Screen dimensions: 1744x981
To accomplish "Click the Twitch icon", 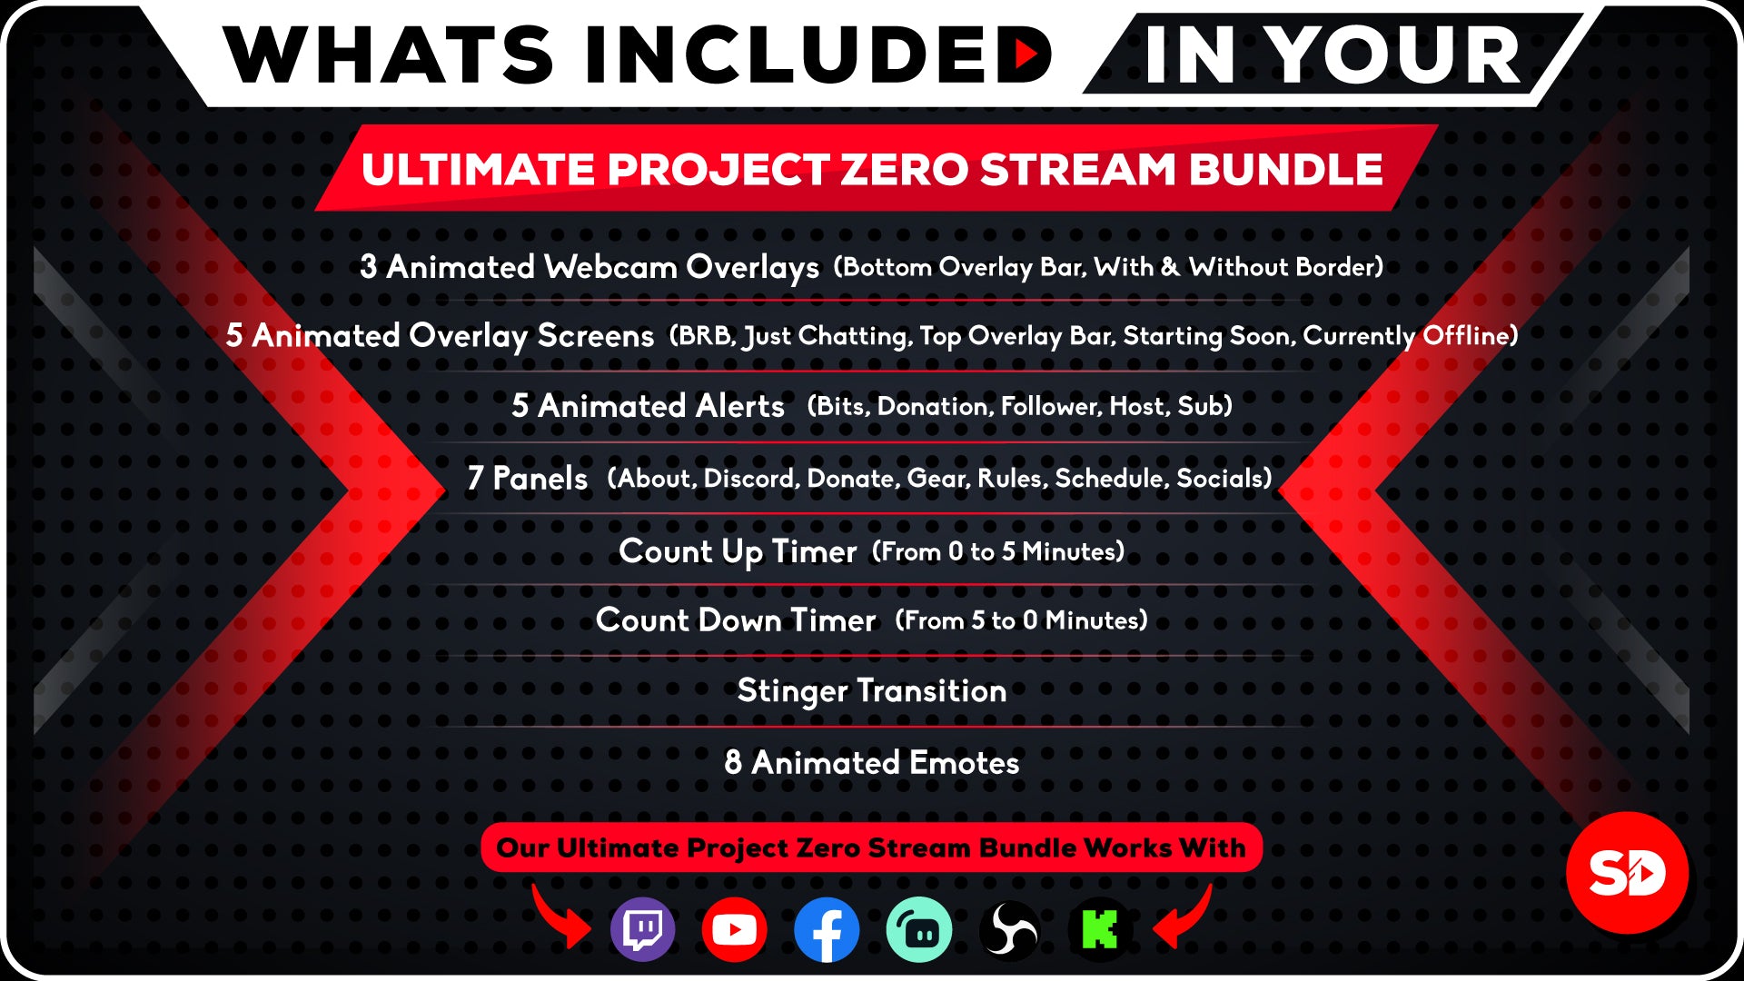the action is pyautogui.click(x=643, y=929).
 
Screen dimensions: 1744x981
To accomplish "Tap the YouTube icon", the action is pyautogui.click(x=734, y=929).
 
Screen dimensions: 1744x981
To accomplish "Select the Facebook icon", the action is pyautogui.click(x=827, y=929).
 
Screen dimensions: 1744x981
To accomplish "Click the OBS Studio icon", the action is pyautogui.click(x=1009, y=929).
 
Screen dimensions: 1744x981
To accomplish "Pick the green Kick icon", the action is pyautogui.click(x=1100, y=929).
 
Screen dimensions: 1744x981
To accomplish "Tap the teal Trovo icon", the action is pyautogui.click(x=919, y=929).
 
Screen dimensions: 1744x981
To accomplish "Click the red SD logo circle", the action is pyautogui.click(x=1627, y=872).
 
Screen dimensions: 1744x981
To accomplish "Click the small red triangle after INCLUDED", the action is pyautogui.click(x=1026, y=54).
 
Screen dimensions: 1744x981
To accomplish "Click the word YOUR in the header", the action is pyautogui.click(x=1393, y=54).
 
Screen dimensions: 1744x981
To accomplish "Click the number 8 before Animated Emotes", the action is pyautogui.click(x=733, y=762).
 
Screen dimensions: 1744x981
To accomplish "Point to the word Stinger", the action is pyautogui.click(x=792, y=691).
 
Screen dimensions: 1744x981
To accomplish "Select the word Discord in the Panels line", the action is pyautogui.click(x=751, y=478).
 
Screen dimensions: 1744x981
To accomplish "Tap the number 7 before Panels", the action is pyautogui.click(x=475, y=478).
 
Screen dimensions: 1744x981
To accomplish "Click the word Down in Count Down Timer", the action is pyautogui.click(x=739, y=619).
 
